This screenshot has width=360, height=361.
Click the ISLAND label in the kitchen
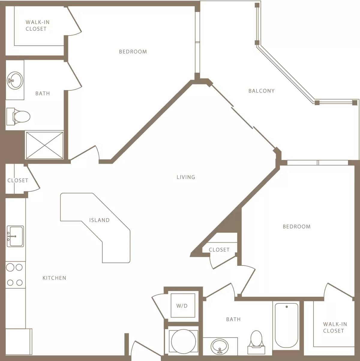coord(99,220)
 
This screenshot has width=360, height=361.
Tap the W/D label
coord(182,306)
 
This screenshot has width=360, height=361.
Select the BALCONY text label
coord(261,91)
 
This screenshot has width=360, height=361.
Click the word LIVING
coord(186,177)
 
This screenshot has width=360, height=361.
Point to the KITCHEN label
coord(54,278)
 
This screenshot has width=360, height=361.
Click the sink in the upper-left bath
coord(15,80)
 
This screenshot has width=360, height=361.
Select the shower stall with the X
coord(44,145)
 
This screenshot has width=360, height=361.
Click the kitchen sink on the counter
coord(15,236)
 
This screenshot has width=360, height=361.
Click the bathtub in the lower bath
coord(286,325)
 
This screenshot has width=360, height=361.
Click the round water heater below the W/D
coord(183,341)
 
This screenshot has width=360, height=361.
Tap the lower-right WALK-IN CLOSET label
coord(335,327)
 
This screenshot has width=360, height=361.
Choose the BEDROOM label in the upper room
coord(133,52)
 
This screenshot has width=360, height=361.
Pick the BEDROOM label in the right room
coord(296,227)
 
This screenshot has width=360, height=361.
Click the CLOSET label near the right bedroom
coord(219,250)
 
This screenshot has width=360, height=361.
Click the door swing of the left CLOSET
coord(33,179)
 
